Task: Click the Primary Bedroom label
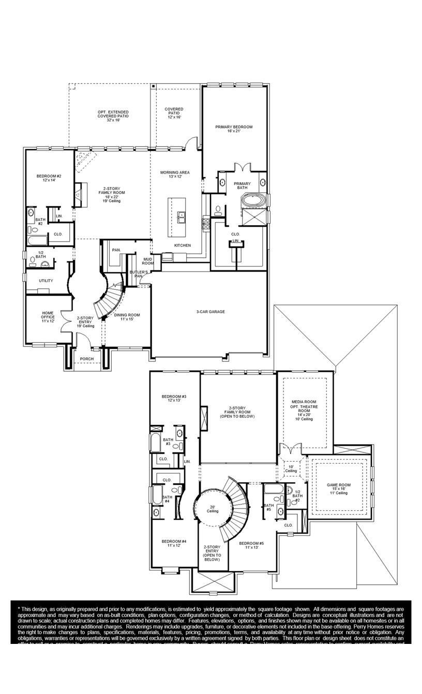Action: (234, 129)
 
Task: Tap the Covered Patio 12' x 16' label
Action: (174, 113)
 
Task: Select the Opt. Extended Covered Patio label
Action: (113, 116)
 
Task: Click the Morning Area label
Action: (175, 175)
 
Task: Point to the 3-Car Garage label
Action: (210, 311)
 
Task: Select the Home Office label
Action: (48, 317)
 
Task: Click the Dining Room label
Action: (127, 317)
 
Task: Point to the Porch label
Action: (86, 359)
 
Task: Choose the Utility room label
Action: (46, 280)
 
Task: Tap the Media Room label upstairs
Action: (304, 410)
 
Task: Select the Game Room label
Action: (339, 488)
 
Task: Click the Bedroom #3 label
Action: (174, 398)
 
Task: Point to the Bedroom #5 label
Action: (251, 545)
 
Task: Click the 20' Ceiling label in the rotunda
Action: (212, 509)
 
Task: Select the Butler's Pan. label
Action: (138, 274)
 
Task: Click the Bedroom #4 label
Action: (174, 543)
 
